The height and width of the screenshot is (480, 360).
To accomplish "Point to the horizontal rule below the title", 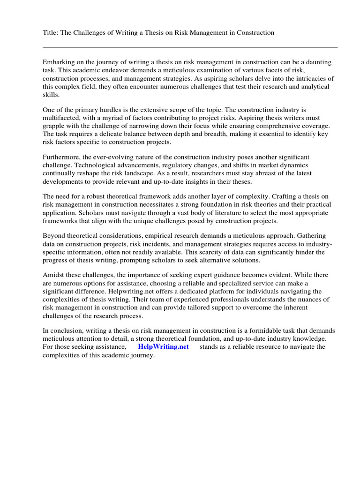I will coord(190,47).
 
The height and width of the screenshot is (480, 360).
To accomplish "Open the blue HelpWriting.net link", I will coord(163,347).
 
